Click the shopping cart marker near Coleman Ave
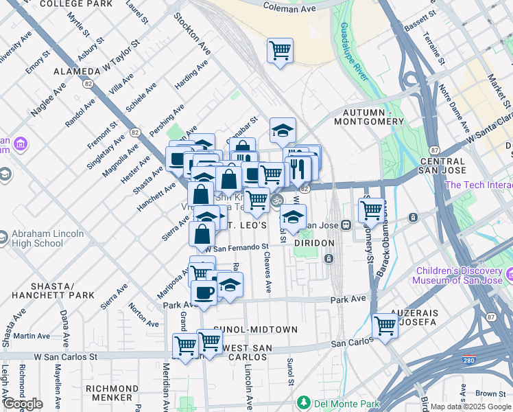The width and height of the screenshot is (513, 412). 280,51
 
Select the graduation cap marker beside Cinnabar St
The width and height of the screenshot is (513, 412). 282,130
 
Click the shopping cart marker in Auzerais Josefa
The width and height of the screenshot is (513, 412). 385,325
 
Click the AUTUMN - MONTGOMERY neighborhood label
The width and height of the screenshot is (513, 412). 368,117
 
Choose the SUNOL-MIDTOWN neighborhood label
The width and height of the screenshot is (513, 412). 255,330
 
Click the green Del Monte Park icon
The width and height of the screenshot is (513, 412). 303,401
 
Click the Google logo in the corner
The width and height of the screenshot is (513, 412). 23,404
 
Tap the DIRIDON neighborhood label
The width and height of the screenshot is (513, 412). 313,243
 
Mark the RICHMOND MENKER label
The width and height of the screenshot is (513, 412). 109,393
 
